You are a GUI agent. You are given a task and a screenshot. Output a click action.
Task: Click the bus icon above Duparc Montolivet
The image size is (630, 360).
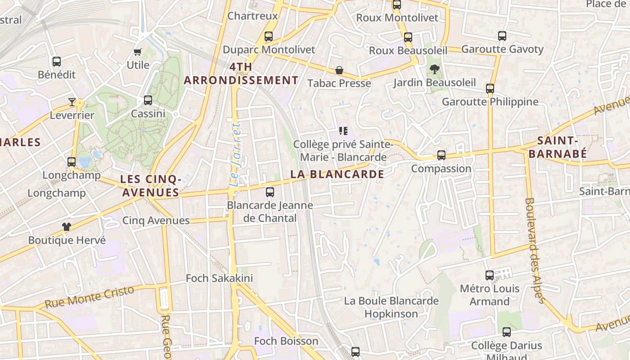[x=269, y=36]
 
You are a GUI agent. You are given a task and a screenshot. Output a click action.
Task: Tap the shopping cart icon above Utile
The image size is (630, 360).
[x=138, y=52]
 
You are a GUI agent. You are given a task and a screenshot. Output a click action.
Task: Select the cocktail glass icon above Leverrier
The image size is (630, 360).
[x=72, y=102]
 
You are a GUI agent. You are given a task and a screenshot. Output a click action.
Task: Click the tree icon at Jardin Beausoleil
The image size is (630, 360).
[x=434, y=69]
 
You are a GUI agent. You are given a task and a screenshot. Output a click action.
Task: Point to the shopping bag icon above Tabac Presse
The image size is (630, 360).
[x=339, y=71]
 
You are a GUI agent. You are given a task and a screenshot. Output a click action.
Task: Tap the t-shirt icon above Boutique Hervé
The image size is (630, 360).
[x=67, y=227]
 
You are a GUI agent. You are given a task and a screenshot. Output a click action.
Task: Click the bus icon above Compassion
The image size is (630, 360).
[x=441, y=155]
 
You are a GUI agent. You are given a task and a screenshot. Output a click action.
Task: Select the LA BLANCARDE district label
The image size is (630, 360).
[x=337, y=174]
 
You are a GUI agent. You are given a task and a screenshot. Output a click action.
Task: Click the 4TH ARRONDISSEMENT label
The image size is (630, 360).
[x=241, y=74]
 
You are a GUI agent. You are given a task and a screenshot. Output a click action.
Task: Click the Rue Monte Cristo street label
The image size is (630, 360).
[x=90, y=297]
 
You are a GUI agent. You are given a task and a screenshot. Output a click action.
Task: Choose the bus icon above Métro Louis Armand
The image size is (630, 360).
[x=490, y=275]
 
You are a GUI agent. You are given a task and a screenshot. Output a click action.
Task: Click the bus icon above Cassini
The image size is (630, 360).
[x=148, y=100]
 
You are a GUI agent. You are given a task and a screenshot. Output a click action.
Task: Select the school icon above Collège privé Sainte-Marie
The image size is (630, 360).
[x=343, y=131]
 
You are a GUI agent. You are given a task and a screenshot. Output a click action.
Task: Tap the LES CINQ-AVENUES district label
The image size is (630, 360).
[x=151, y=186]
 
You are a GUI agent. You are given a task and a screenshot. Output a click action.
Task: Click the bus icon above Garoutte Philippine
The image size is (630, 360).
[x=490, y=89]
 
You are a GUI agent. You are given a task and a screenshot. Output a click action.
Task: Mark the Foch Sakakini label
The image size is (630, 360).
[x=220, y=278]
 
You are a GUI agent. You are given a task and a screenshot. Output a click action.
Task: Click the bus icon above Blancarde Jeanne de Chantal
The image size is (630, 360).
[x=270, y=192]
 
